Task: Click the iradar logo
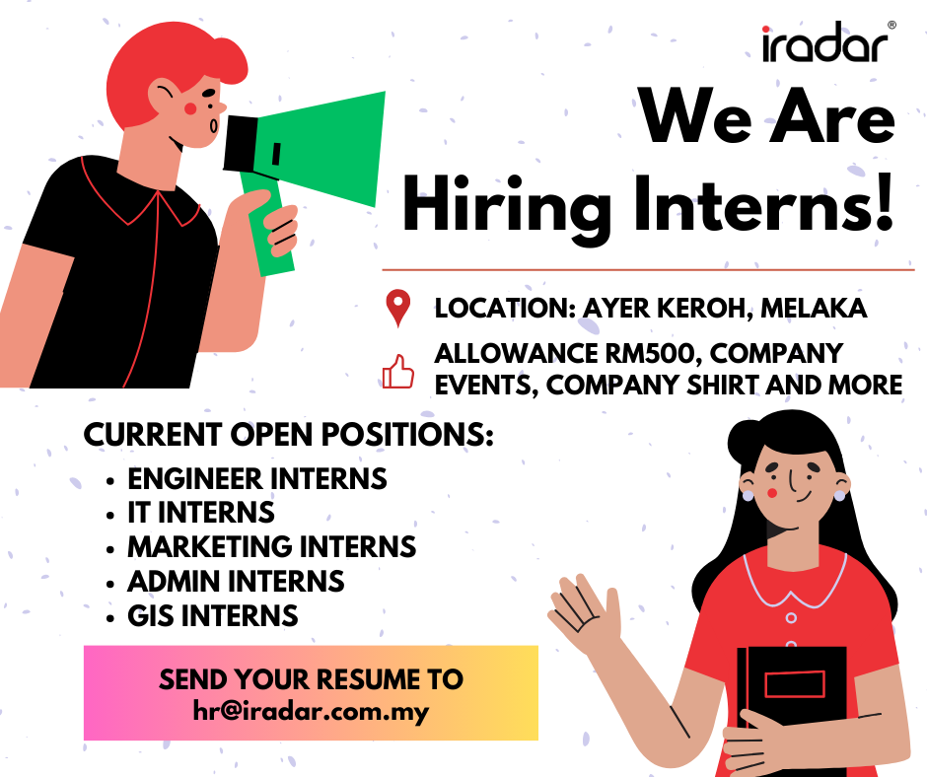[827, 42]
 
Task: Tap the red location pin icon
[397, 307]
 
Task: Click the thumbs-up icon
[397, 372]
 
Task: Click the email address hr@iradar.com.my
[311, 711]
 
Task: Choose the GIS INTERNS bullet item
[213, 615]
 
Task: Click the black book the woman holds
[792, 689]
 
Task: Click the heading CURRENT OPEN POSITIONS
[289, 435]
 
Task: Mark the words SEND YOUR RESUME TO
[311, 679]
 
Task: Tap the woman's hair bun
[748, 441]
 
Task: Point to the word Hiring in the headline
[507, 209]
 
